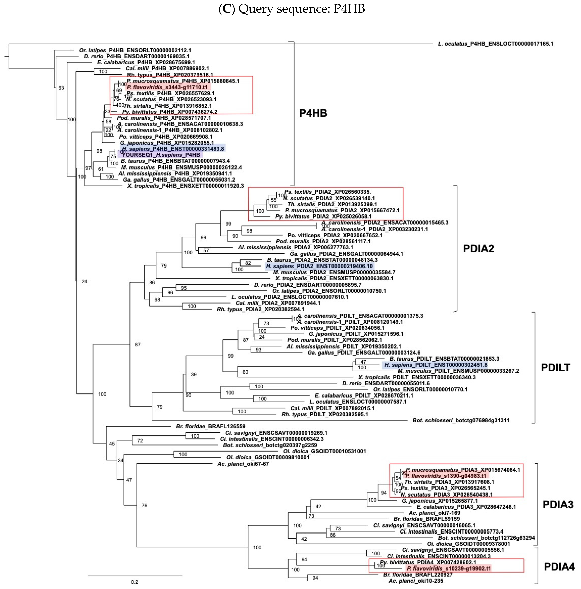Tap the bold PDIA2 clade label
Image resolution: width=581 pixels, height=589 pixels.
click(x=478, y=249)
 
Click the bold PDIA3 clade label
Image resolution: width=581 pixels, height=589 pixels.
click(x=558, y=505)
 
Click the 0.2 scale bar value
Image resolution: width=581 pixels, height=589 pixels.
click(x=134, y=582)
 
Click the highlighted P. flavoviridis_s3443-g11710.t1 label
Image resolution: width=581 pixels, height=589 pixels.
click(x=167, y=87)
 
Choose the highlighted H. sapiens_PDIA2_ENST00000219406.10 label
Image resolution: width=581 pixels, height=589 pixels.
click(x=319, y=266)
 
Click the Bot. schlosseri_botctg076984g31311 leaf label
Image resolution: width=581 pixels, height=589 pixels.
click(x=461, y=420)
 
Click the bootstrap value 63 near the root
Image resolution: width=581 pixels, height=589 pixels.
click(x=61, y=88)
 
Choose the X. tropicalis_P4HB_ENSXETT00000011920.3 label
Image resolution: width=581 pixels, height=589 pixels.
click(x=185, y=186)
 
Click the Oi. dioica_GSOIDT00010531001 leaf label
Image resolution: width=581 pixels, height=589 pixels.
click(x=324, y=451)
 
